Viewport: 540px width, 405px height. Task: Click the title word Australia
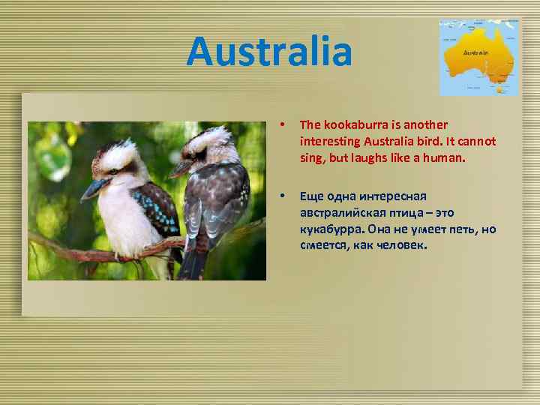[269, 52]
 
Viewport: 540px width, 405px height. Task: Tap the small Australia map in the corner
[478, 57]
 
